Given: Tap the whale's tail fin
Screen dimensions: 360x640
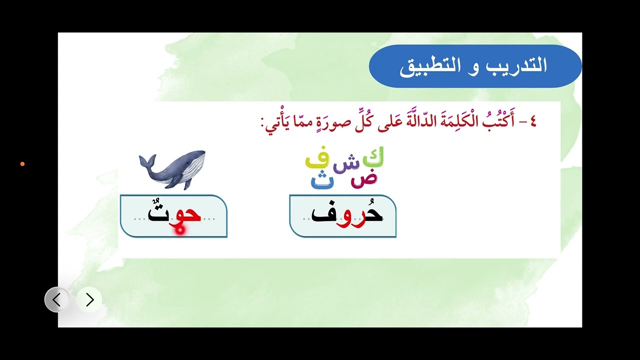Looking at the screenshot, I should [x=146, y=161].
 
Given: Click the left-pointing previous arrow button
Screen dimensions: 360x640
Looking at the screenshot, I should [x=57, y=300].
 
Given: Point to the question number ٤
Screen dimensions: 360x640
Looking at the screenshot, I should [x=531, y=122].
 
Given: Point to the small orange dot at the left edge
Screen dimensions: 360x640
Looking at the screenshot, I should [x=22, y=164].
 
